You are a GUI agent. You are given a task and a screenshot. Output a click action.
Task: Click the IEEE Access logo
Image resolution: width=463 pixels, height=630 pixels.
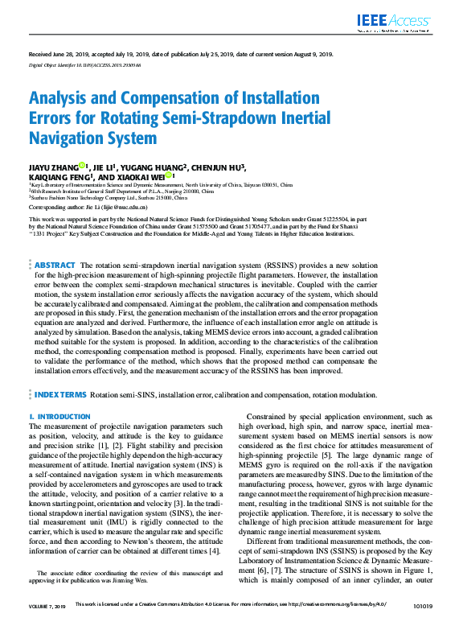395,23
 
